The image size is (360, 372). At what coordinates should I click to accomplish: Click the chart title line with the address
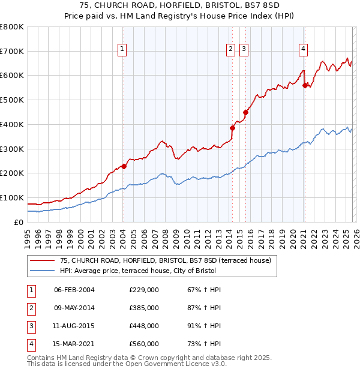click(x=179, y=6)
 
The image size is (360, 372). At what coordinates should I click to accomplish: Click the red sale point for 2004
click(x=124, y=166)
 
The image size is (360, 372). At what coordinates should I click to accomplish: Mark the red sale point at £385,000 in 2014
click(x=232, y=128)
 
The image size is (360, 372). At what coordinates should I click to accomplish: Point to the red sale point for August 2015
click(x=245, y=112)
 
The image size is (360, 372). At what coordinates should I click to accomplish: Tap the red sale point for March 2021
click(x=305, y=85)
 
